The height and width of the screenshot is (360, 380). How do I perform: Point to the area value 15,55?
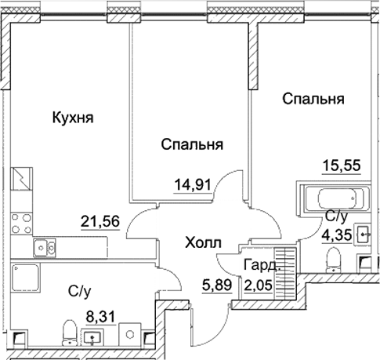tap(342, 165)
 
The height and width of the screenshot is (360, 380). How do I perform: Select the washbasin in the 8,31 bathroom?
tap(94, 338)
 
